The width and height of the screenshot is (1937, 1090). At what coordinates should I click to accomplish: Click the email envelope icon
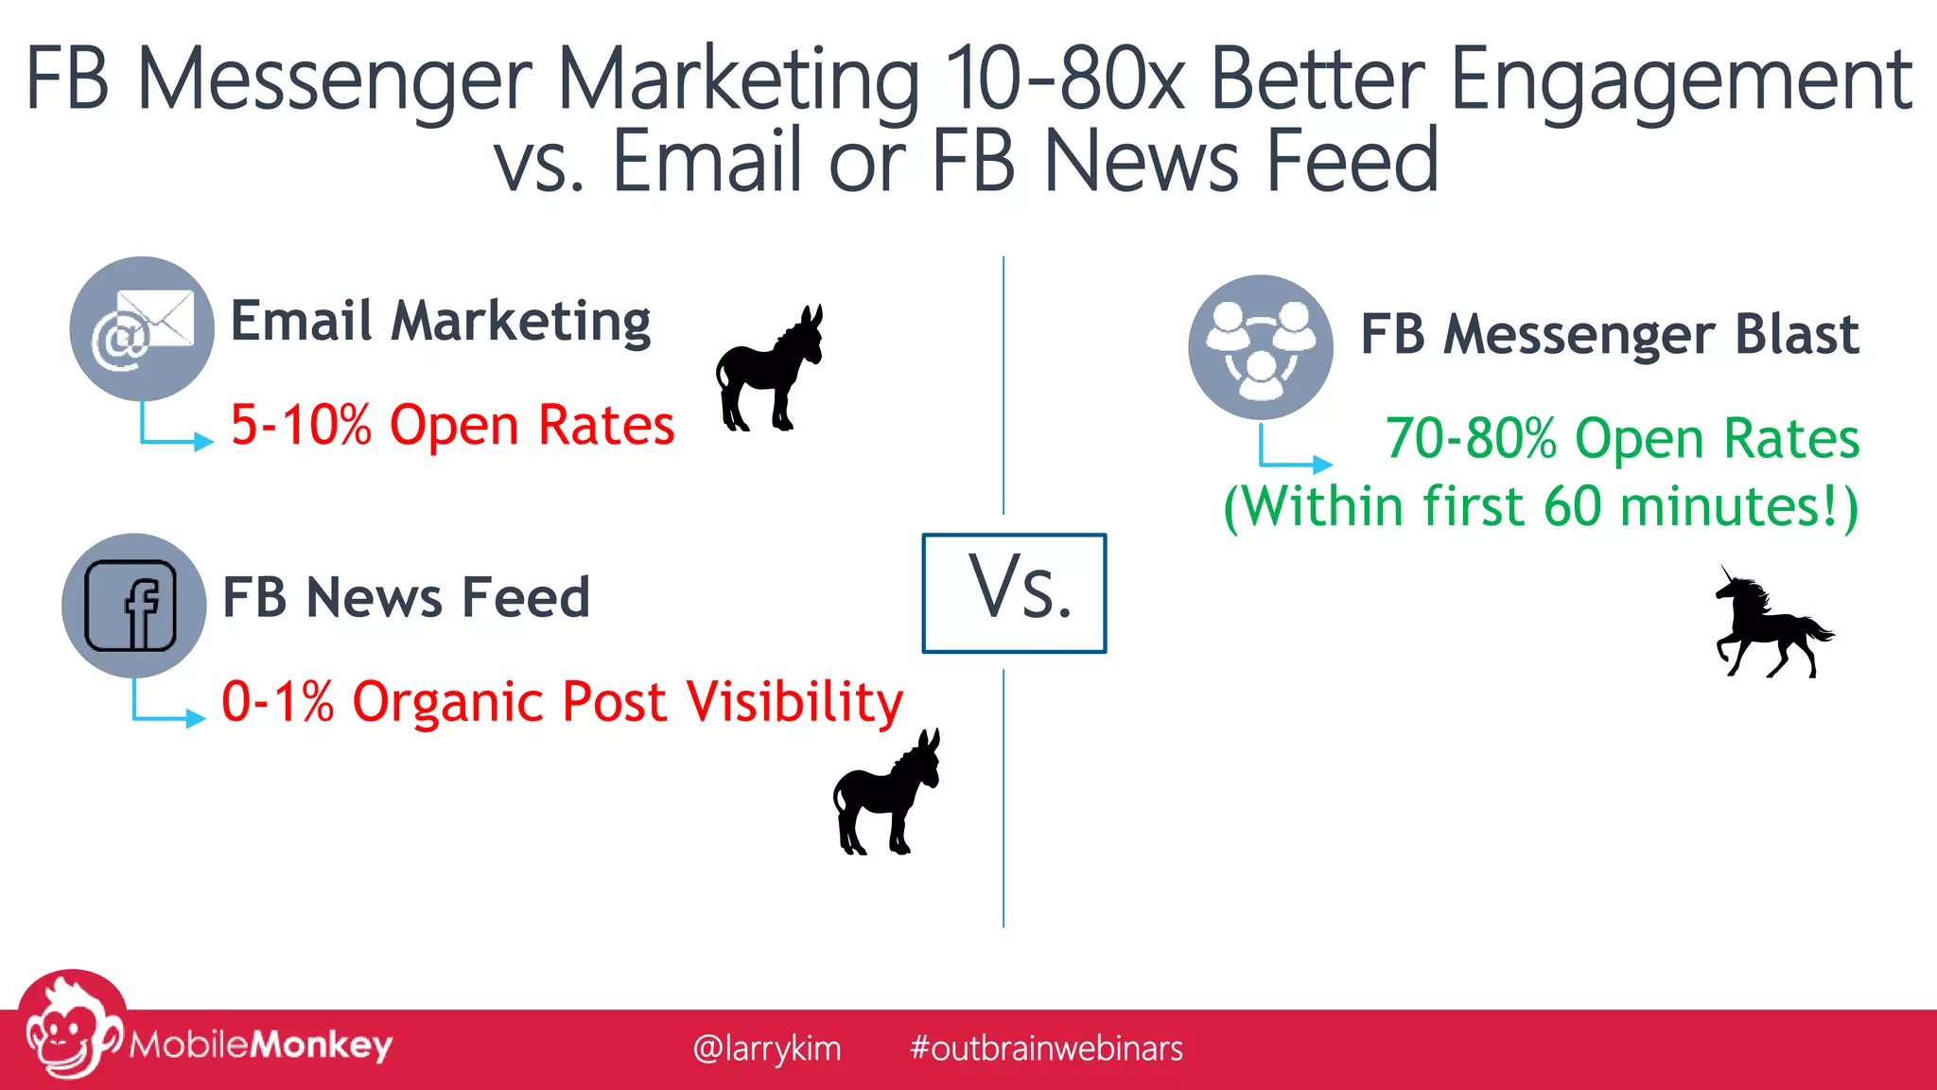(x=142, y=328)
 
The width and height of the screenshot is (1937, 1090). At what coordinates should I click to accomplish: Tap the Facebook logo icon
(x=132, y=606)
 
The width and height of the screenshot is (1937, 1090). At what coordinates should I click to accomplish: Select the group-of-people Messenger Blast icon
(x=1261, y=347)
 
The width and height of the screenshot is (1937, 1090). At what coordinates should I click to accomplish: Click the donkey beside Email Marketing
(x=769, y=369)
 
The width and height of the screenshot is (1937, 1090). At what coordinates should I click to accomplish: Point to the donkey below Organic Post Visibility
(x=886, y=793)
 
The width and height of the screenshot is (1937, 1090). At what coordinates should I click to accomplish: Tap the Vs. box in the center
(x=1014, y=593)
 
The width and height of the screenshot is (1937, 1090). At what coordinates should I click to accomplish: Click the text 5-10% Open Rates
(x=452, y=424)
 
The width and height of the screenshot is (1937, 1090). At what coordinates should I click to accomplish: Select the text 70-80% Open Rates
(x=1622, y=438)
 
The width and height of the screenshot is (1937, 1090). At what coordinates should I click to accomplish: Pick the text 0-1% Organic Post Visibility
(x=562, y=701)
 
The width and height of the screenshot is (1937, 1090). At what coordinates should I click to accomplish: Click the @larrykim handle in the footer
(x=766, y=1048)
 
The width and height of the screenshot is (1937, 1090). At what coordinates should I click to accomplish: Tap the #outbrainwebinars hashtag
(x=1046, y=1048)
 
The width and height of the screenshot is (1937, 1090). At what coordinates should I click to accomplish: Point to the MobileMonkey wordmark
(x=261, y=1045)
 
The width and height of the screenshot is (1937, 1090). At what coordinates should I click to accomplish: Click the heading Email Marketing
(x=441, y=322)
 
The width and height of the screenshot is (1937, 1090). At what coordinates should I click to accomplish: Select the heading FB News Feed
(x=406, y=597)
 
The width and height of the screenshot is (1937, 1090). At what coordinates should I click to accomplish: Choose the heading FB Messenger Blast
(x=1610, y=334)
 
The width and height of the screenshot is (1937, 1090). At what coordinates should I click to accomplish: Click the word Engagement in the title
(x=1681, y=80)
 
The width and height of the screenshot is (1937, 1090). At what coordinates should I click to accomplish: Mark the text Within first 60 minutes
(x=1541, y=506)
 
